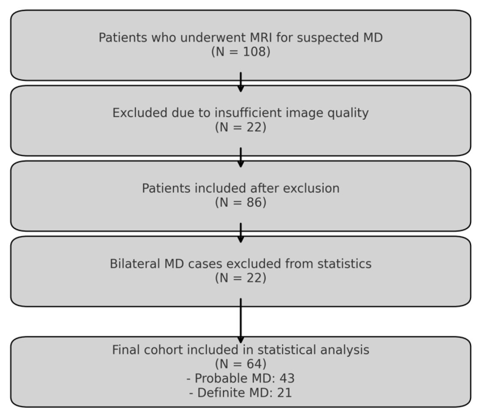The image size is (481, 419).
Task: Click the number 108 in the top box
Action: tap(254, 51)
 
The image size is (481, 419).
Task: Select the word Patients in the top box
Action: tap(123, 37)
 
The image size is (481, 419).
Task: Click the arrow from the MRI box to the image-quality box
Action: tap(241, 82)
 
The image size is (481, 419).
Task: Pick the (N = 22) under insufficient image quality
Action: tap(241, 127)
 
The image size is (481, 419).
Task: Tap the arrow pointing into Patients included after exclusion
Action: tap(241, 157)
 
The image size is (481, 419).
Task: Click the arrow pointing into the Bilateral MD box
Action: tap(241, 233)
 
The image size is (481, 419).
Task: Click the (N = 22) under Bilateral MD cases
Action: tap(241, 278)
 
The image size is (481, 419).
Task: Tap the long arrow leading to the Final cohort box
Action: tap(241, 321)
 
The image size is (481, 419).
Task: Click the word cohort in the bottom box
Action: tap(161, 350)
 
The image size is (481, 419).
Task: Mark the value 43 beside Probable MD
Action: tap(287, 378)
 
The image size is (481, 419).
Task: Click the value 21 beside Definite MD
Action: tap(285, 392)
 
